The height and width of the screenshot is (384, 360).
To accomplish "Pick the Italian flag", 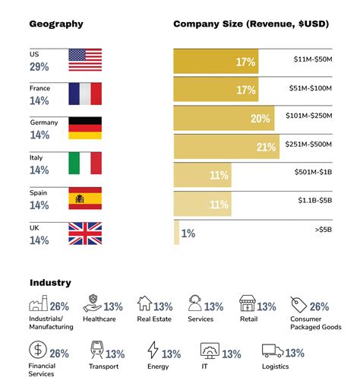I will point(85,163).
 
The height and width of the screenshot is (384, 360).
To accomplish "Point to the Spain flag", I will point(85,198).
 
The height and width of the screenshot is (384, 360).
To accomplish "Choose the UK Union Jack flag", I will point(85,233).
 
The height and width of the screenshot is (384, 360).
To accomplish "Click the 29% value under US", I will point(39,68).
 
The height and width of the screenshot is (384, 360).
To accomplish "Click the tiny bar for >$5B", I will point(177,232).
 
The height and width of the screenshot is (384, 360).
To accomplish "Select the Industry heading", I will point(51,282).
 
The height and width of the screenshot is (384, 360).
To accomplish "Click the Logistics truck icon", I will point(273,352).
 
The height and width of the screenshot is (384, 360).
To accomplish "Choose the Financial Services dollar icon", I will point(36,352).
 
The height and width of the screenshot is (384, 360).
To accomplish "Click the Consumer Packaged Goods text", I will point(315,322).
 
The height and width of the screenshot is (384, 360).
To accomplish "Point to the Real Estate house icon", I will point(144,305).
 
